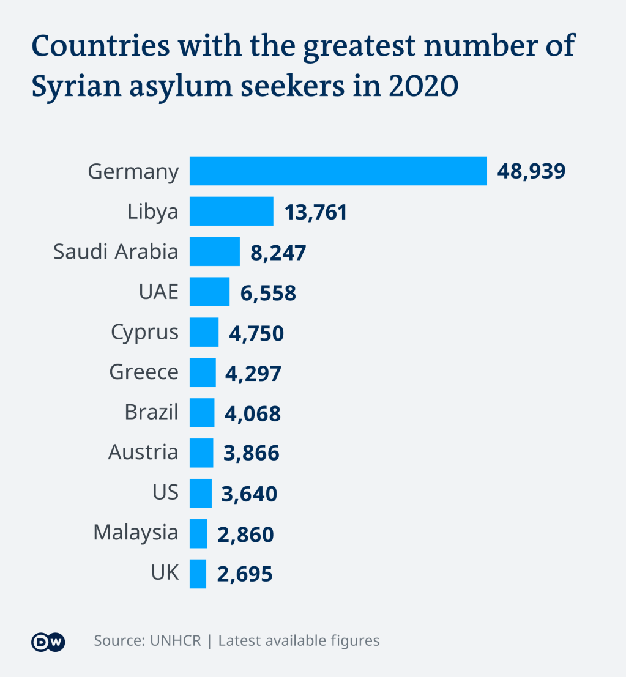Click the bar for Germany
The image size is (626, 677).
(338, 171)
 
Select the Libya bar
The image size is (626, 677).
(231, 212)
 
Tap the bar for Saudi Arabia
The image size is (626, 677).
(214, 252)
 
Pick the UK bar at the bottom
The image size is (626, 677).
(198, 574)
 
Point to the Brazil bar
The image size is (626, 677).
(202, 413)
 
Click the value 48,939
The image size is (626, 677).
(531, 171)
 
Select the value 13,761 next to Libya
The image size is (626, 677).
(316, 212)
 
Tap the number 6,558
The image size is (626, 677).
(268, 293)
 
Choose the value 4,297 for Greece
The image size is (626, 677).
(253, 373)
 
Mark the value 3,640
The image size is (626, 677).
(250, 494)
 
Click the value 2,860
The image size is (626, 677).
(245, 535)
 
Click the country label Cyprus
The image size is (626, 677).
(144, 333)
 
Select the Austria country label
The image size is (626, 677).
(143, 453)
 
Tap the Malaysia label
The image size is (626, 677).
(135, 533)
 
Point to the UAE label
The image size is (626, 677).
(158, 292)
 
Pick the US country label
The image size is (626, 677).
(165, 492)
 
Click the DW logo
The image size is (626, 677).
(48, 642)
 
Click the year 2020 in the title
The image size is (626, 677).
(423, 87)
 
